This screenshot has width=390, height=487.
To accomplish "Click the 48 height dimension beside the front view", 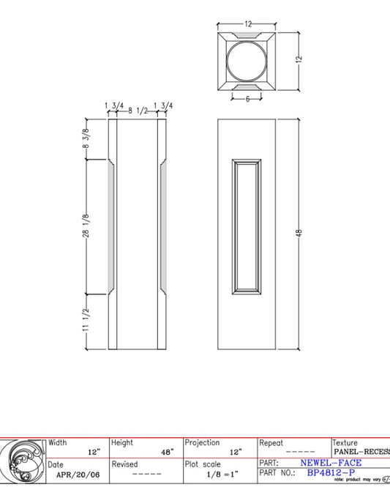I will (x=299, y=233).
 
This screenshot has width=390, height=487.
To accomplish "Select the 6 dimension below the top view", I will (x=247, y=99).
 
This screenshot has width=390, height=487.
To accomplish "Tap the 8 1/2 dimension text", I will (x=139, y=110).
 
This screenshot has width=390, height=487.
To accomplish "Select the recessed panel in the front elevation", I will (x=247, y=226).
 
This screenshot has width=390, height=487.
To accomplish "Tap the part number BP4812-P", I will (x=331, y=473).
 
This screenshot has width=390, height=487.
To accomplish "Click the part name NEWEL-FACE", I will (x=331, y=463).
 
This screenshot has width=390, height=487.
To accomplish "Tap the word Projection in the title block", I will (x=202, y=443).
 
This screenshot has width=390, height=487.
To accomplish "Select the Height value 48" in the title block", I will (x=166, y=453).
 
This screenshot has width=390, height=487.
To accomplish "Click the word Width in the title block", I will (x=58, y=443).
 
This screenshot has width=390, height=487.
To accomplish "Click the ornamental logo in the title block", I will (x=23, y=461).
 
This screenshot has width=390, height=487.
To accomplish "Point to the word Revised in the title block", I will (x=124, y=464).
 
